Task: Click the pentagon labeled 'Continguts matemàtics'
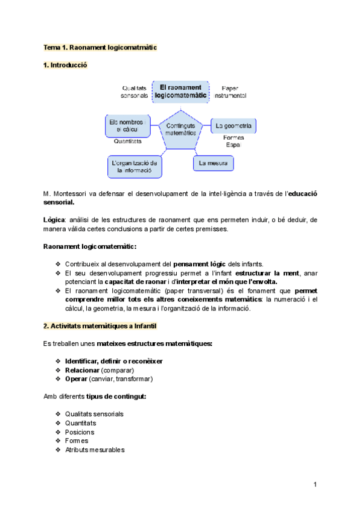[180, 129]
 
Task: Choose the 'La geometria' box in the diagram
[233, 126]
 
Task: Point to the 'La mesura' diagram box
[213, 163]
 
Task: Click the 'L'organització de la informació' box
[134, 167]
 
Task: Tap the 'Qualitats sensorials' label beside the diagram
[135, 92]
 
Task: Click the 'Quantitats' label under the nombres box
[128, 142]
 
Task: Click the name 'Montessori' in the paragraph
[72, 194]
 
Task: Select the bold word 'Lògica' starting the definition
[54, 220]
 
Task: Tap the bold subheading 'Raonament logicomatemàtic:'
[90, 246]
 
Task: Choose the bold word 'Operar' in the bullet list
[76, 379]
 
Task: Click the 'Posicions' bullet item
[80, 432]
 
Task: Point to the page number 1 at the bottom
[316, 484]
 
